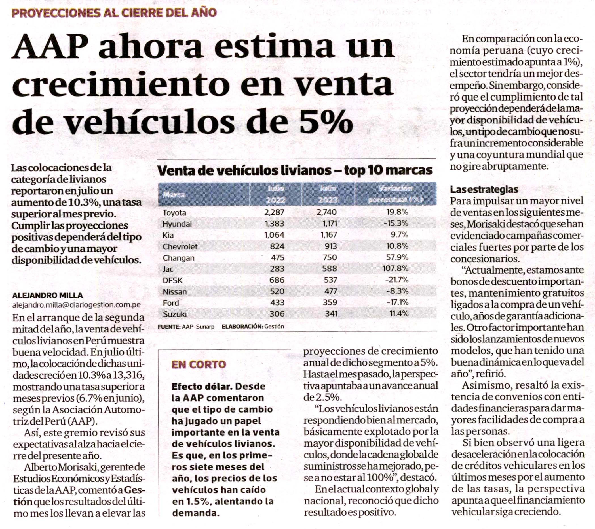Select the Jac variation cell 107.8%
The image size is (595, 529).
395,268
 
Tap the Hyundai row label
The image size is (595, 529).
177,224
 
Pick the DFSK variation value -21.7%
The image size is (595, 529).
396,280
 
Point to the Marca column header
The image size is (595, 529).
174,195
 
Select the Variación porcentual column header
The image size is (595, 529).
395,194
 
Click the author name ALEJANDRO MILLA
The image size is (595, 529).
47,295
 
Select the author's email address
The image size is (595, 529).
76,305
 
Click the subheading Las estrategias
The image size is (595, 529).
484,189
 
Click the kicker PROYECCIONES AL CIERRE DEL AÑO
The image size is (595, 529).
114,12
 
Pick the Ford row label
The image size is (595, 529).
171,303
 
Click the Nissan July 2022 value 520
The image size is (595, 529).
277,291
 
